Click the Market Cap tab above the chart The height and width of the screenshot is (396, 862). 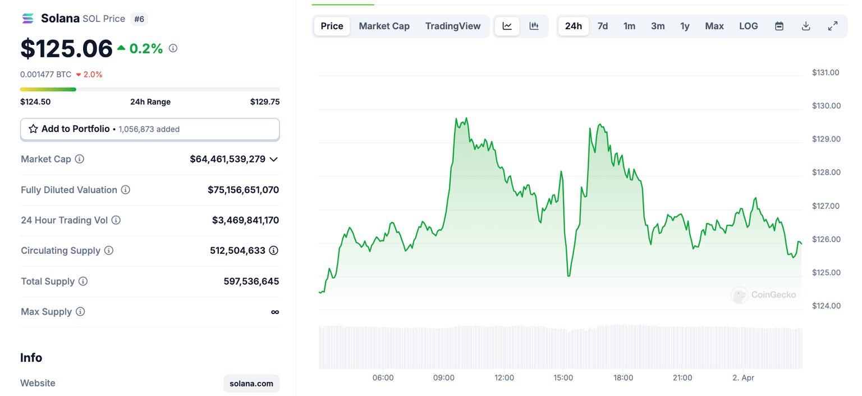384,26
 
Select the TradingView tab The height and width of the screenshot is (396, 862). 452,26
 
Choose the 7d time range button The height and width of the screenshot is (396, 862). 603,26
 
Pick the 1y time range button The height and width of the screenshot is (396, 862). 685,26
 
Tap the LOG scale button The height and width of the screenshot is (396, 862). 748,26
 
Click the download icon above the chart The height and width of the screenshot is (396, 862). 806,26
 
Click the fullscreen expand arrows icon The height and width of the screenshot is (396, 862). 833,26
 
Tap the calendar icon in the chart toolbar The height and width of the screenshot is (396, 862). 779,26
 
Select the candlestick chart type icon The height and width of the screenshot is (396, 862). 534,26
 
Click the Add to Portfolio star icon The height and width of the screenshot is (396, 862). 34,129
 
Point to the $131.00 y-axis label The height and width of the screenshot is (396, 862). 826,72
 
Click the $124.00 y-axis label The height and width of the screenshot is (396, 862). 826,306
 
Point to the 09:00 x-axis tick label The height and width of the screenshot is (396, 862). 444,378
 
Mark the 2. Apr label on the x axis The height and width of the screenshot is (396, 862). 744,378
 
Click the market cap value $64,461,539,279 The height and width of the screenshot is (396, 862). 227,159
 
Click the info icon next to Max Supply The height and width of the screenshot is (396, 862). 80,312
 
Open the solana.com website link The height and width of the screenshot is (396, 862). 251,384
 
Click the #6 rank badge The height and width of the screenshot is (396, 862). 139,19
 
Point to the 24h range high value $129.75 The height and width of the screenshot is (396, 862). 265,102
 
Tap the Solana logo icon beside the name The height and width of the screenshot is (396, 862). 28,19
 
